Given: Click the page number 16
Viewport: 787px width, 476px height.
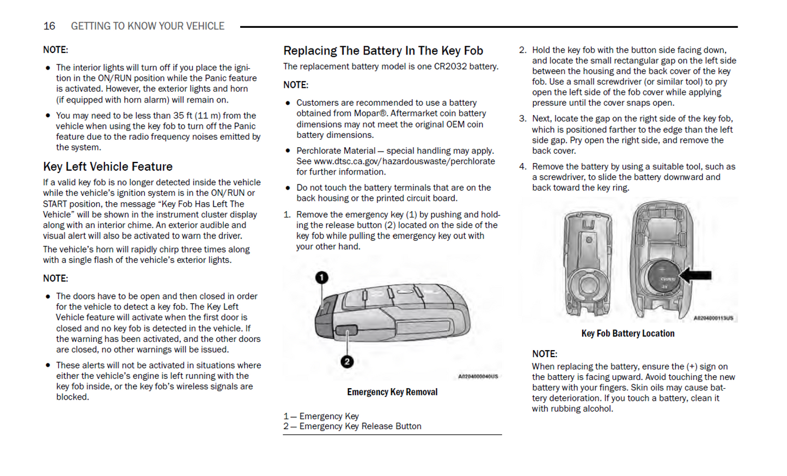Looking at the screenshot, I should pyautogui.click(x=49, y=26).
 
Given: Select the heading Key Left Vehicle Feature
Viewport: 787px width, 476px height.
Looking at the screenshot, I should pyautogui.click(x=108, y=167).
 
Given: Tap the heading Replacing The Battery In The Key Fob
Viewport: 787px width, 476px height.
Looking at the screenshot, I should pyautogui.click(x=383, y=51).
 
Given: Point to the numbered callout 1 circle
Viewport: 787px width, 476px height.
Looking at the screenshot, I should pyautogui.click(x=322, y=278).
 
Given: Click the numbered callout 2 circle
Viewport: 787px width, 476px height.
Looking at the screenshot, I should pyautogui.click(x=347, y=361).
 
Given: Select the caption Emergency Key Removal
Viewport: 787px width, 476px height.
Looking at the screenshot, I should pyautogui.click(x=392, y=392).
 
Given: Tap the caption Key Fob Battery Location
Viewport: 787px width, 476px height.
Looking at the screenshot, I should pyautogui.click(x=627, y=334).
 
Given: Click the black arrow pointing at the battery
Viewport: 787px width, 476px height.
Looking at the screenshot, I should pyautogui.click(x=696, y=275).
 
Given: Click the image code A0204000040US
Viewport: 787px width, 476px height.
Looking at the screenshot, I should pyautogui.click(x=478, y=377).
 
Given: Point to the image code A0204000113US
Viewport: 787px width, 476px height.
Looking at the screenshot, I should pyautogui.click(x=713, y=318).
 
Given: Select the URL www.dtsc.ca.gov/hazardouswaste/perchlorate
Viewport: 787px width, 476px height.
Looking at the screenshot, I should pyautogui.click(x=404, y=161).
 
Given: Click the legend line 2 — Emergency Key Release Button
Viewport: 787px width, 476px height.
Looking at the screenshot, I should pyautogui.click(x=352, y=426).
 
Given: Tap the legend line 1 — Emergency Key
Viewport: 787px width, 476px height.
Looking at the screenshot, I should pyautogui.click(x=321, y=416).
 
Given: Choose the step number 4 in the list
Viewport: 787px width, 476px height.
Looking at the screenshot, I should pyautogui.click(x=522, y=167).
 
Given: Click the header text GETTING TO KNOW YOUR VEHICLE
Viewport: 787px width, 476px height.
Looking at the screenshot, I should pyautogui.click(x=148, y=26).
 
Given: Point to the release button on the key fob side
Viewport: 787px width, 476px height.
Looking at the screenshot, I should pyautogui.click(x=346, y=330).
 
